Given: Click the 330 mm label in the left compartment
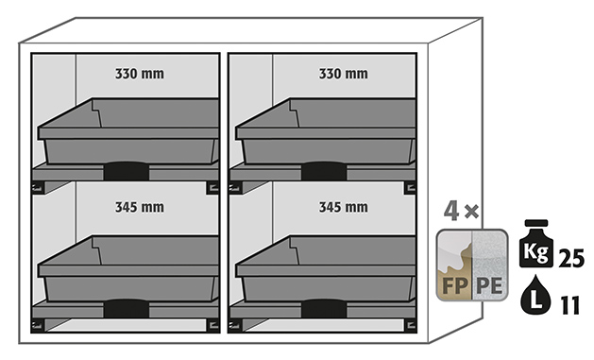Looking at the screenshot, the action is [x=140, y=74].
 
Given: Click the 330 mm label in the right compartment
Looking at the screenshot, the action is [x=343, y=74].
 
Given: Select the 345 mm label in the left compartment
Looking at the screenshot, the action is [x=140, y=207].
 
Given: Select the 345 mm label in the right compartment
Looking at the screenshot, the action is [x=343, y=207].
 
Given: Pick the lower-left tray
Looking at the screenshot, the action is [x=128, y=268].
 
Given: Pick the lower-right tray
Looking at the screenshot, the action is [x=326, y=268].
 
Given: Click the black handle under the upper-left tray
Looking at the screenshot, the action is [x=127, y=171].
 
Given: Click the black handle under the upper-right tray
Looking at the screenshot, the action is [x=324, y=171].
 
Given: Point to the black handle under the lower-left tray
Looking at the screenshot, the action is [x=127, y=308].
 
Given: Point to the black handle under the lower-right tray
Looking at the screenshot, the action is [x=324, y=308].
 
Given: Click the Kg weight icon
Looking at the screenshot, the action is [x=536, y=244].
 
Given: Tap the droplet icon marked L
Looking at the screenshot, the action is [x=535, y=295].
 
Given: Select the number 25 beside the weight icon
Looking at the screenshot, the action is [x=571, y=259].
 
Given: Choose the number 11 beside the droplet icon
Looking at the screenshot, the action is [x=570, y=305].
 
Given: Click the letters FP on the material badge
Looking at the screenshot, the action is [x=454, y=285].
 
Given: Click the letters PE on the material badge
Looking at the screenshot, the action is [x=489, y=285].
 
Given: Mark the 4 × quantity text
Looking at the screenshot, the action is [x=461, y=211].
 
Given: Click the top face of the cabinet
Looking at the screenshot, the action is [x=251, y=30].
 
